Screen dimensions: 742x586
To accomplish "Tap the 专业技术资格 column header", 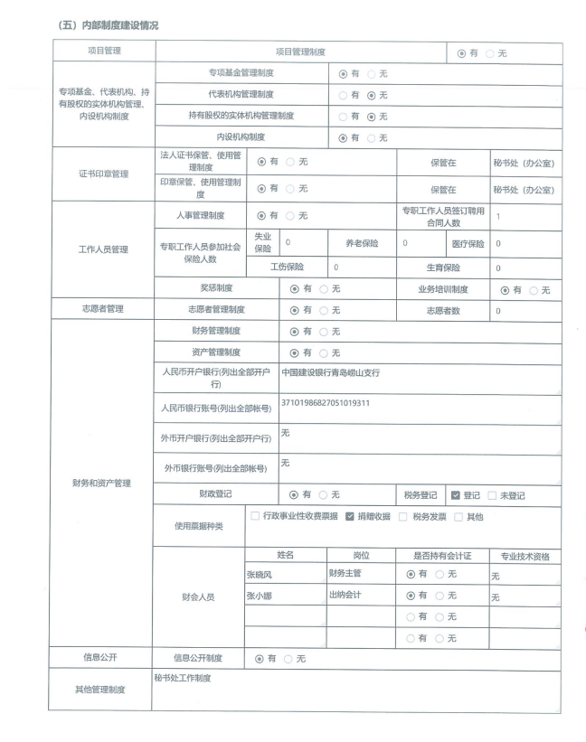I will tap(524, 556).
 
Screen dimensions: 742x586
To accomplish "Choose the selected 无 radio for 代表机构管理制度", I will tap(371, 95).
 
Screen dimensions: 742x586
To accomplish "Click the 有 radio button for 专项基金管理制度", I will tap(343, 73).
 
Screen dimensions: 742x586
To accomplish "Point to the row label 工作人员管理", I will tap(102, 249).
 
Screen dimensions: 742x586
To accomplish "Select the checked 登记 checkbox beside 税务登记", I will tap(456, 495).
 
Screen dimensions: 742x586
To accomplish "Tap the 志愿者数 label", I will tap(444, 310).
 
